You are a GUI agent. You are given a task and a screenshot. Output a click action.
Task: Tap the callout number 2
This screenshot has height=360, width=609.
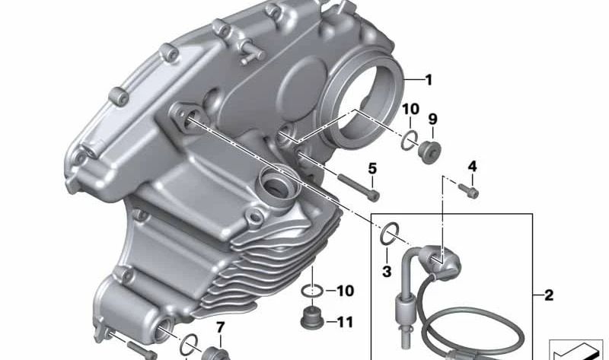(550, 293)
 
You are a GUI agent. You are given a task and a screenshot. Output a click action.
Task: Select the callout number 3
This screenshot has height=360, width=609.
(386, 272)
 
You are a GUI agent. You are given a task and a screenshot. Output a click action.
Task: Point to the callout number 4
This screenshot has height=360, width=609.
(472, 166)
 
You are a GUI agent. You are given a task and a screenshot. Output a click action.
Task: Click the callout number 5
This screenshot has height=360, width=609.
(373, 168)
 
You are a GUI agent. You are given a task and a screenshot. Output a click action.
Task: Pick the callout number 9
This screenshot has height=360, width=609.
(432, 119)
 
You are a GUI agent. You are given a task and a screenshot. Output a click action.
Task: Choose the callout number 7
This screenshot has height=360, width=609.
(221, 329)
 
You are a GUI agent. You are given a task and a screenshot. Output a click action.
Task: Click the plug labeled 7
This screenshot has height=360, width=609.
(214, 353)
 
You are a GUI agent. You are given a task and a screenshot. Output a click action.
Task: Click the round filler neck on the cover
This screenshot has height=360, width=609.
(275, 183)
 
